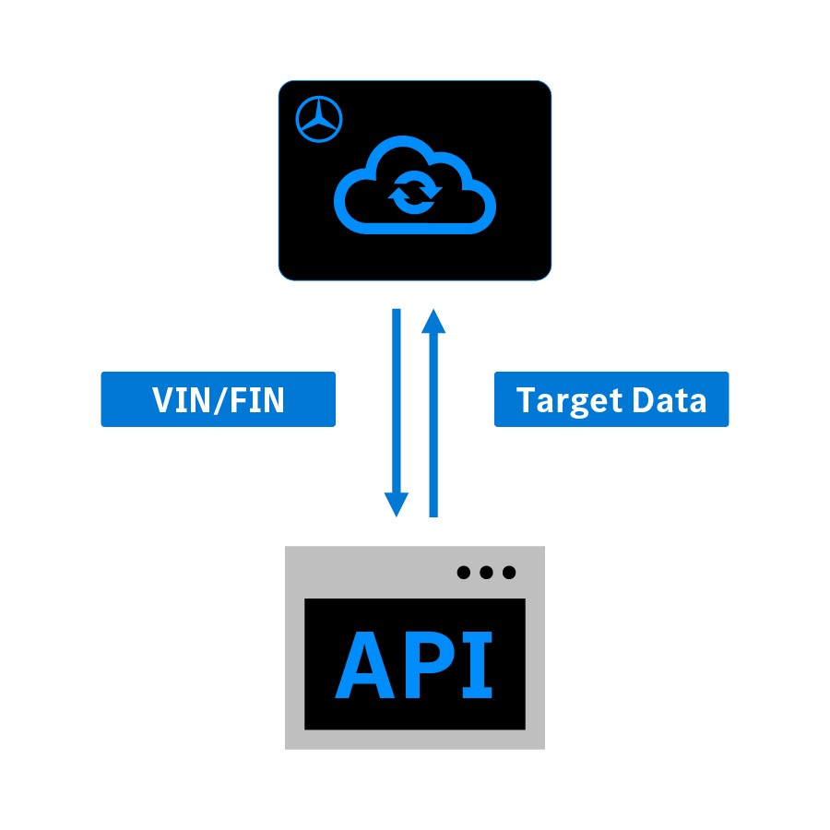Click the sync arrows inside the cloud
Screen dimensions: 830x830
pos(415,193)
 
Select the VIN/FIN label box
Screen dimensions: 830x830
pos(218,399)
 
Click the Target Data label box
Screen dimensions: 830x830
pos(611,399)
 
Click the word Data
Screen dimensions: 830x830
pos(670,399)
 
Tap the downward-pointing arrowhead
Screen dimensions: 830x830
pos(396,504)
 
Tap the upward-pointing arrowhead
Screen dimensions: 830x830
pos(433,321)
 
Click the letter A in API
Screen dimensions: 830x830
pos(364,665)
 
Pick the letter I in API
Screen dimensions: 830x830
pos(478,665)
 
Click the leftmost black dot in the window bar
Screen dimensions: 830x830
pos(464,572)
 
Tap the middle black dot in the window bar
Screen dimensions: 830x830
pos(486,572)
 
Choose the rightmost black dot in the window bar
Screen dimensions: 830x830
pos(509,572)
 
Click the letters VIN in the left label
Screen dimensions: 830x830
pos(182,399)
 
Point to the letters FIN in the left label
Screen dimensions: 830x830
pos(257,399)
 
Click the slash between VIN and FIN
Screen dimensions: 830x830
pos(220,400)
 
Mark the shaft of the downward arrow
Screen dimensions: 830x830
pos(396,400)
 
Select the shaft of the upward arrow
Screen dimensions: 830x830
pos(433,425)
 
